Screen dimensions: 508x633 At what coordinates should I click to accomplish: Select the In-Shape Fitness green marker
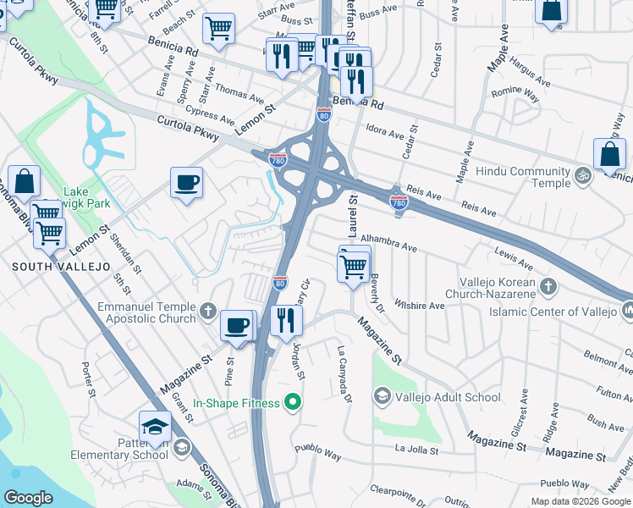click(294, 402)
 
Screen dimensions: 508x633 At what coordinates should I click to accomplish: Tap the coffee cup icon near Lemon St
click(186, 182)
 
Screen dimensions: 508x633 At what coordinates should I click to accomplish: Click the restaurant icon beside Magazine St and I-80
click(286, 320)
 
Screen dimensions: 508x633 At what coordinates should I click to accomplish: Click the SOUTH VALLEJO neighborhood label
click(61, 267)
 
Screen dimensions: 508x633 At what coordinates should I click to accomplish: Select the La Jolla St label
click(416, 451)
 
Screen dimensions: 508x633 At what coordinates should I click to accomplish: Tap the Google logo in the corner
click(28, 498)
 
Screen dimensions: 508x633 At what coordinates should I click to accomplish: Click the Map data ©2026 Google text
click(581, 501)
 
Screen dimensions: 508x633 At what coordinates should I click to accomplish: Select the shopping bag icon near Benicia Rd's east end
click(609, 155)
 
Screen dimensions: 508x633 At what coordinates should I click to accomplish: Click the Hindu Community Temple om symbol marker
click(581, 176)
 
